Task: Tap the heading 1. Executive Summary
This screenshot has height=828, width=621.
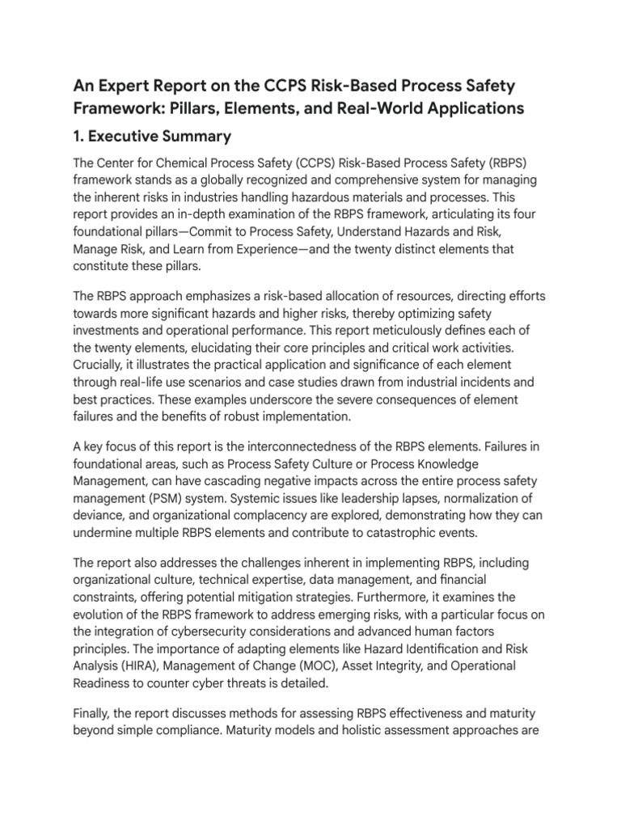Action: [x=152, y=136]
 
